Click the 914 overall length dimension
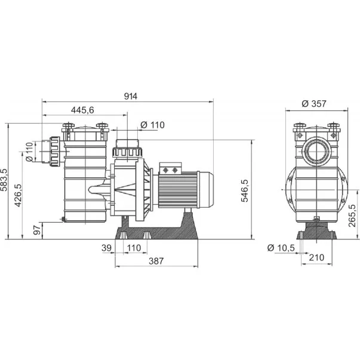pyautogui.click(x=131, y=96)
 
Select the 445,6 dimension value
pyautogui.click(x=82, y=110)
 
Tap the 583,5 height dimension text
pyautogui.click(x=4, y=180)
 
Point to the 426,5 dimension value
pyautogui.click(x=18, y=195)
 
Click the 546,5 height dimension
pyautogui.click(x=245, y=191)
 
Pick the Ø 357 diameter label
pyautogui.click(x=314, y=104)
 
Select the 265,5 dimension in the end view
pyautogui.click(x=352, y=216)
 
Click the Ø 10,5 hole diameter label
pyautogui.click(x=281, y=248)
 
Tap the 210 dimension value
pyautogui.click(x=316, y=257)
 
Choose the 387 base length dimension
pyautogui.click(x=156, y=261)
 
